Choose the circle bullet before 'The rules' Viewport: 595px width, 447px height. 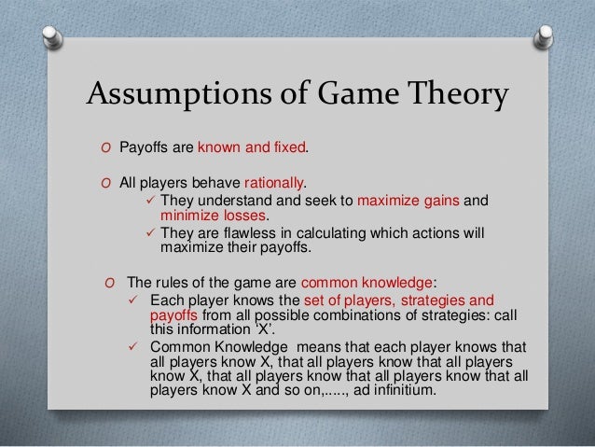tap(110, 284)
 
